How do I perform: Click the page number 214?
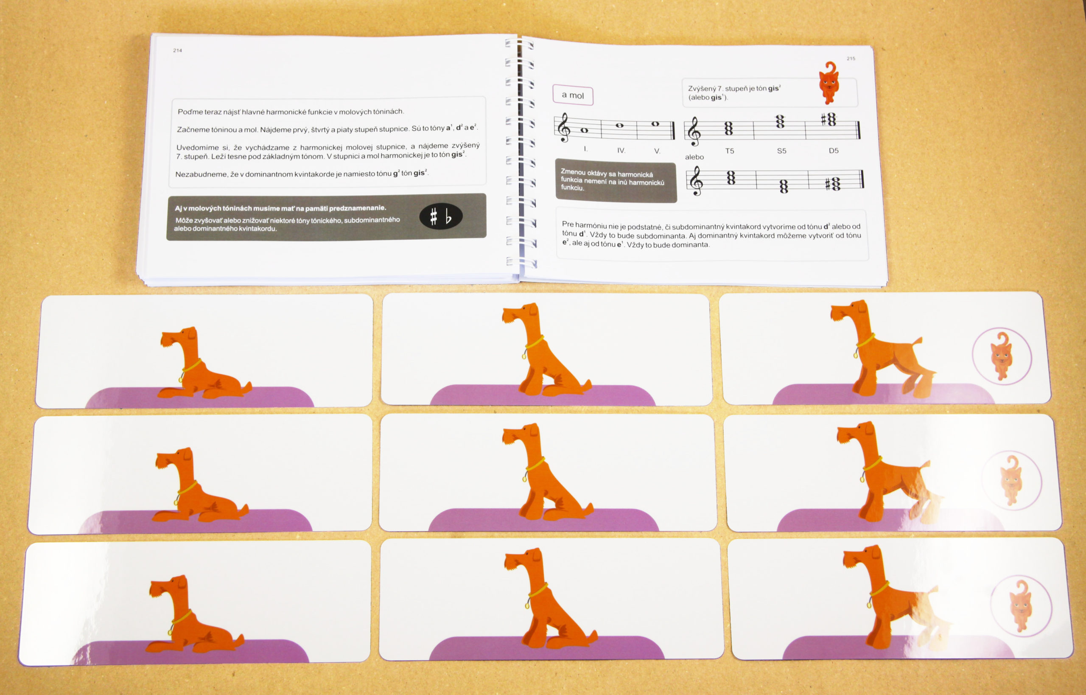(x=177, y=50)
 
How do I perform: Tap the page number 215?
(x=851, y=58)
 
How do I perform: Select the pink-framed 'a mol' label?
(x=573, y=95)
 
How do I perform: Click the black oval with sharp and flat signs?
(x=440, y=217)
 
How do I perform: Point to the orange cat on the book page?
(x=829, y=83)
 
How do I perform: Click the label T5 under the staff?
(x=729, y=151)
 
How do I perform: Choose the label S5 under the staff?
(x=781, y=151)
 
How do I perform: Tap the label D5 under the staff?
(x=833, y=150)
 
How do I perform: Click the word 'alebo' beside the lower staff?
(x=694, y=157)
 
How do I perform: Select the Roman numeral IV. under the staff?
(x=621, y=150)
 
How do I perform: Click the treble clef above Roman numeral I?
(x=563, y=127)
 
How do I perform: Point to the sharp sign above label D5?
(x=823, y=119)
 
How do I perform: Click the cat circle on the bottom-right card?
(x=1022, y=605)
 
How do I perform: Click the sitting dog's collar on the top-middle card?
(x=533, y=345)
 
